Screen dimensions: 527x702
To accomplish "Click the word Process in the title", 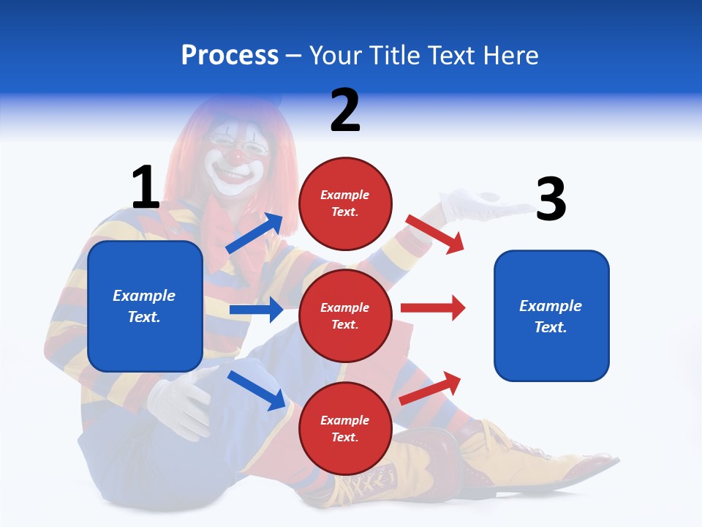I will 230,56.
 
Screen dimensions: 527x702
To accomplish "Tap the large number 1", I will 146,187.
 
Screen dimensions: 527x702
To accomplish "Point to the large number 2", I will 345,110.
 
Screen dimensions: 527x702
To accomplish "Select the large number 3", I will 551,199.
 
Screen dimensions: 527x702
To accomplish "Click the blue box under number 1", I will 145,306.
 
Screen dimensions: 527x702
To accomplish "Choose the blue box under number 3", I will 551,315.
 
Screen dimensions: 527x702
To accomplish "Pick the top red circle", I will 345,203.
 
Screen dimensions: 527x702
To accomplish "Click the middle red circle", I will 345,315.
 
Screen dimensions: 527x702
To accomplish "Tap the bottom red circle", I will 345,428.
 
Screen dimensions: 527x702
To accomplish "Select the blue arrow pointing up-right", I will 254,233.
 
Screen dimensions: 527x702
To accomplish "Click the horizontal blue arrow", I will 256,310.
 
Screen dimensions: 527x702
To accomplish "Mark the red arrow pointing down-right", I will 435,234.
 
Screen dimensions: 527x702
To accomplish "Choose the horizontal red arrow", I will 433,307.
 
